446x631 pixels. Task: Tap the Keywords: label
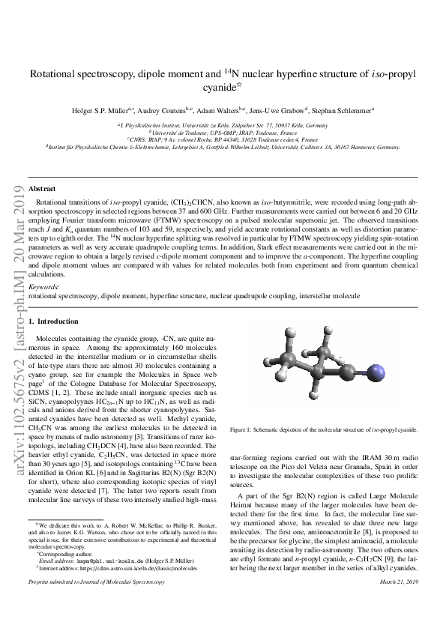point(43,286)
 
